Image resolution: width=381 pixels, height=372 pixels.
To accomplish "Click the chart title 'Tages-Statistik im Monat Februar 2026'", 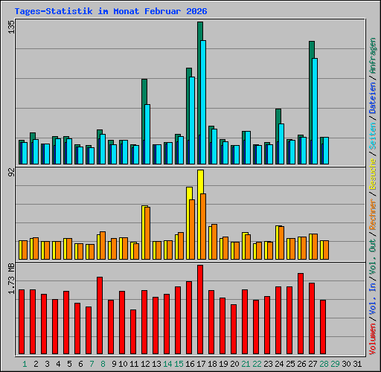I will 106,12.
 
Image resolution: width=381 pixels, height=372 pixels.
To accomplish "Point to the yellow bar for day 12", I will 144,223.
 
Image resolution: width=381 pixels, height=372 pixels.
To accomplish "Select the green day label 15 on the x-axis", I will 179,364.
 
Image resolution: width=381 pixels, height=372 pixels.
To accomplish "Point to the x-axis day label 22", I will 257,364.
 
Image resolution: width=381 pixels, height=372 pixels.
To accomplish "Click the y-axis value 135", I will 10,28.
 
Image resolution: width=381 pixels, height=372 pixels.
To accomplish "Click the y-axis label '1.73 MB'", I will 10,280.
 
